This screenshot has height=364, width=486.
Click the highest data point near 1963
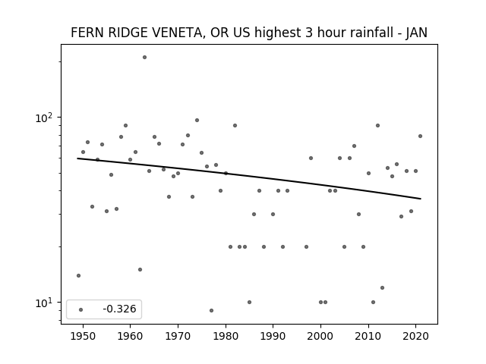click(144, 58)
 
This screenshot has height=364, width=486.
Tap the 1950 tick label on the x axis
click(83, 337)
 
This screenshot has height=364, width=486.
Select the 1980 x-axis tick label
click(226, 337)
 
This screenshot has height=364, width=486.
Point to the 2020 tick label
click(416, 337)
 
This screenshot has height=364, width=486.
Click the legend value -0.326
click(119, 309)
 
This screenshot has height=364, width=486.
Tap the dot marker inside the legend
click(81, 310)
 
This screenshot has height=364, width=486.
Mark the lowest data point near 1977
click(211, 310)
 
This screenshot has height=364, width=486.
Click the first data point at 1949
click(78, 275)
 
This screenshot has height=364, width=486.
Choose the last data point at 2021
click(420, 136)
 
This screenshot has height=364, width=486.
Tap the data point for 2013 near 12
click(382, 288)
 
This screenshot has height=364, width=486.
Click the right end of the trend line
click(421, 199)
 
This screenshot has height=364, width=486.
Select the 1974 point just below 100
click(197, 120)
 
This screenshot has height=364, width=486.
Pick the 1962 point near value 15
click(140, 270)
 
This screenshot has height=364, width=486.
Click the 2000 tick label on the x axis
click(320, 337)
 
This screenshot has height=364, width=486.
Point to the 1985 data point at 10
click(250, 302)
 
